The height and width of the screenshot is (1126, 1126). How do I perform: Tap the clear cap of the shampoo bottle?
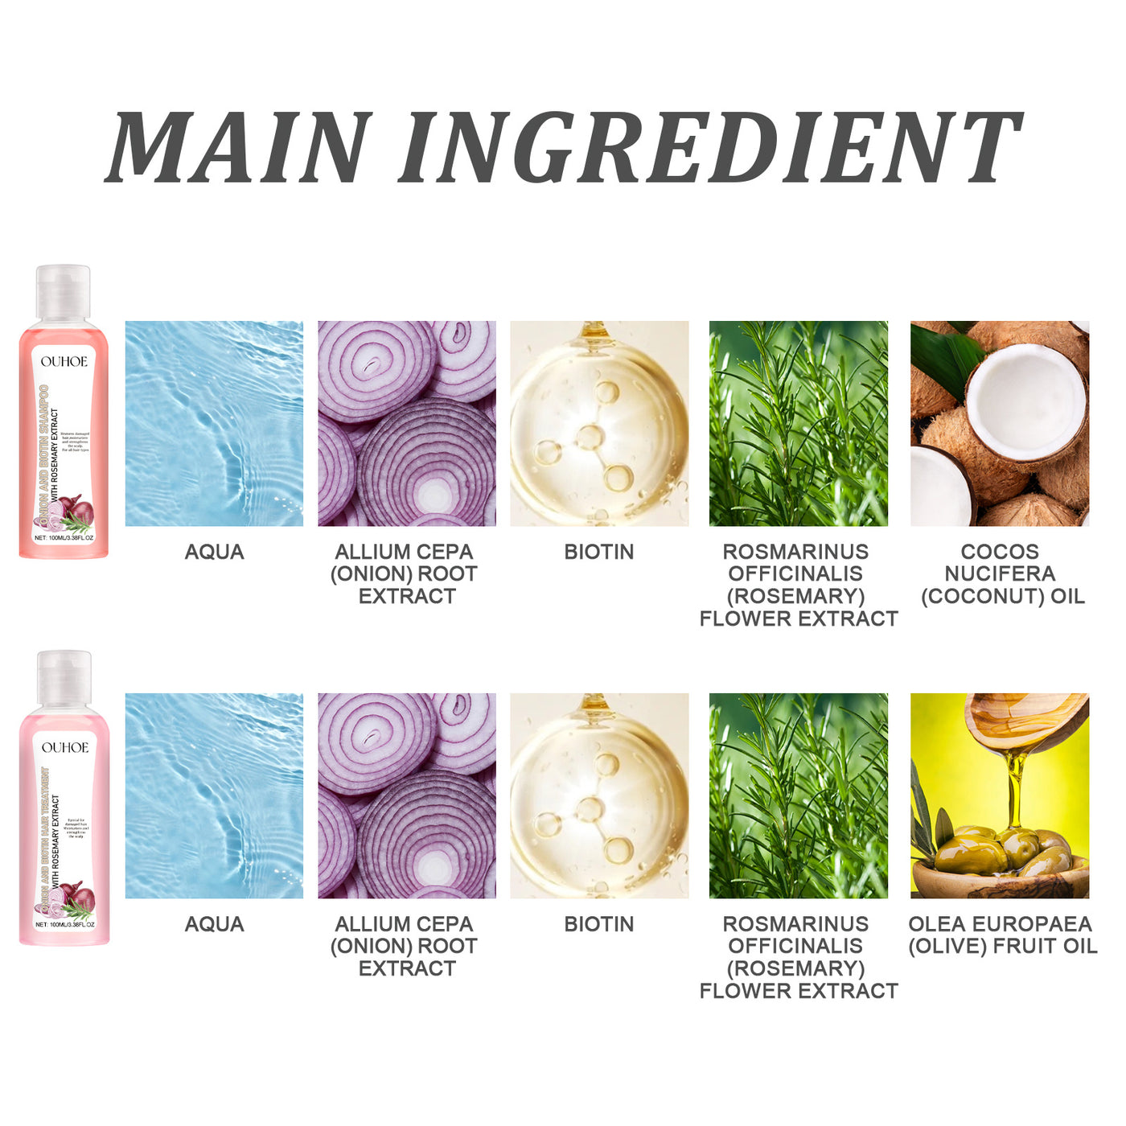click(63, 293)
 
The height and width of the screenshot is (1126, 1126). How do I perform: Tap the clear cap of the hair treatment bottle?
click(64, 679)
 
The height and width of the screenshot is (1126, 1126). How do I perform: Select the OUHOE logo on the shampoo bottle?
click(64, 362)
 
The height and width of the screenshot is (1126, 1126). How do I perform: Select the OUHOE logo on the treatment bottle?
click(65, 748)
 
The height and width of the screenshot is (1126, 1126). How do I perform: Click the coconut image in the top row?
click(1000, 424)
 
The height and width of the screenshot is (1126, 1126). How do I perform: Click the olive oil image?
click(1000, 795)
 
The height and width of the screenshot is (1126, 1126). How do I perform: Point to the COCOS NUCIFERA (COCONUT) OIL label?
click(1001, 573)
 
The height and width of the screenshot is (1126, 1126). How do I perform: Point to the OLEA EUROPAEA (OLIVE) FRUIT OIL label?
click(1002, 935)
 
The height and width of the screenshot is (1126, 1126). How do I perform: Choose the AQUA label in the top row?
click(214, 552)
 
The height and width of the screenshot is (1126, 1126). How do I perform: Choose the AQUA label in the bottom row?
click(214, 924)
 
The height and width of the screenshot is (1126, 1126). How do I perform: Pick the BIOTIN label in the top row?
click(599, 552)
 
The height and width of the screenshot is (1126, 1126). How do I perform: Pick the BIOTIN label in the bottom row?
click(599, 924)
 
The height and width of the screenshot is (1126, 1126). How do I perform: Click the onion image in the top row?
click(407, 424)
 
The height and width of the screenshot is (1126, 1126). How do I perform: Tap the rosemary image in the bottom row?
click(799, 795)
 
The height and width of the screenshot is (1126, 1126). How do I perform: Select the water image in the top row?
click(214, 424)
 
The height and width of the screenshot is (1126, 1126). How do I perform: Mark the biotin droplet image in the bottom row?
click(599, 795)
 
